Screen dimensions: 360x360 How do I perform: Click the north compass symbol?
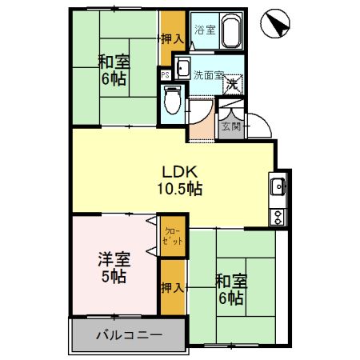pos(274,23)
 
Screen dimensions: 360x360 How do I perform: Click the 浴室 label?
pos(205,30)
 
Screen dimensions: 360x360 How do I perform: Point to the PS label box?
pos(165,75)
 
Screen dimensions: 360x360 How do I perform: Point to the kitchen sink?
pos(278,187)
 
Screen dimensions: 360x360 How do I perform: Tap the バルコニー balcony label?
pos(130,334)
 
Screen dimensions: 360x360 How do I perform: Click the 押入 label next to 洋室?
pos(171,286)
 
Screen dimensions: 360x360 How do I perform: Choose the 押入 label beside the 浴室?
pos(172,38)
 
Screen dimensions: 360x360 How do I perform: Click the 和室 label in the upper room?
pos(112,62)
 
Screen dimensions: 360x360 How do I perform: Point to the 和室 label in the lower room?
pos(230,282)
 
